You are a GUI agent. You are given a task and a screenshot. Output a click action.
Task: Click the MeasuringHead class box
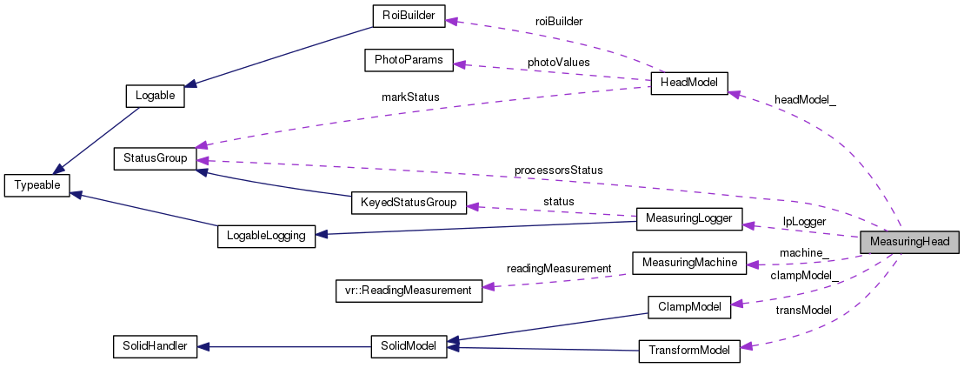click(x=910, y=242)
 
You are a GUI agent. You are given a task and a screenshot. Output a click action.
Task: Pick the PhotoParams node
click(x=408, y=60)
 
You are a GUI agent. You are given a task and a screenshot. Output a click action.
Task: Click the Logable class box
click(x=156, y=96)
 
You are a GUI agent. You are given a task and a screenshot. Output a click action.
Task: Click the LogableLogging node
click(x=265, y=237)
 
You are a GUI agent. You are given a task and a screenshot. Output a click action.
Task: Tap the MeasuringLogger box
click(x=689, y=219)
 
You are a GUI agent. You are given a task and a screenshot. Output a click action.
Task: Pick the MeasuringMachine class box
click(x=689, y=263)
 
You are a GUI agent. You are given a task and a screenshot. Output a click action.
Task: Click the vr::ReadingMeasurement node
click(x=408, y=290)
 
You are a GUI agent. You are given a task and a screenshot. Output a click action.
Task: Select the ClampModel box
click(x=689, y=306)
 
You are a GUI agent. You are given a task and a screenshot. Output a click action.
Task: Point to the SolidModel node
click(x=408, y=345)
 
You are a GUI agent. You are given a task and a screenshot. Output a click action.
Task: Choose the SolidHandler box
click(x=156, y=345)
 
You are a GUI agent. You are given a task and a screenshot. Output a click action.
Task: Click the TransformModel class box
click(x=689, y=351)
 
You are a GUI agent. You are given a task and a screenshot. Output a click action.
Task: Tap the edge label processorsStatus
click(x=558, y=170)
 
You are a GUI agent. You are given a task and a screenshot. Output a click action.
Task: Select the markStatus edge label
click(x=410, y=97)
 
